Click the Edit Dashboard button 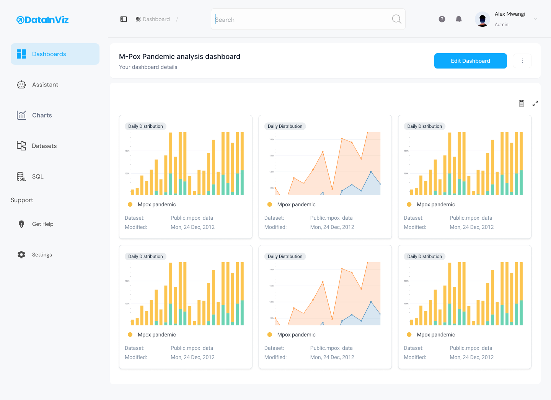[x=470, y=61]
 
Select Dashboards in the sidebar [x=49, y=54]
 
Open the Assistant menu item [x=45, y=85]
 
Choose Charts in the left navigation [x=42, y=115]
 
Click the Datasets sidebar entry [x=44, y=146]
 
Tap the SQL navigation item [x=37, y=176]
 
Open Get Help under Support [x=42, y=224]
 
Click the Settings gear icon [x=21, y=255]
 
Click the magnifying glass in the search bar [x=396, y=19]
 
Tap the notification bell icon [x=459, y=19]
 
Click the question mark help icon [x=442, y=19]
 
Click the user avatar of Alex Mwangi [x=482, y=19]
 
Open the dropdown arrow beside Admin [x=535, y=19]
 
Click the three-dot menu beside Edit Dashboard [x=522, y=61]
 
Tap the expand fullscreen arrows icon [x=535, y=103]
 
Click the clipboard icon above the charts [x=522, y=103]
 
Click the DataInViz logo [x=42, y=20]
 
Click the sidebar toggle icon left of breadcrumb [x=124, y=19]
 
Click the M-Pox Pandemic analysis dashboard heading [x=179, y=57]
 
